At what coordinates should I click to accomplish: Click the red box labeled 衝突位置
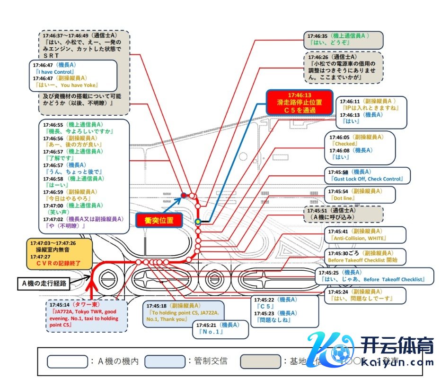[159, 220]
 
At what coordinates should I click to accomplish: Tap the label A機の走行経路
[45, 283]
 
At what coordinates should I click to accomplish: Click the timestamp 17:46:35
[317, 35]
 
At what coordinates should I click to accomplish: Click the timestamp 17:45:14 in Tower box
[58, 305]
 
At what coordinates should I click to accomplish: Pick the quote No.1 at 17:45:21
[208, 332]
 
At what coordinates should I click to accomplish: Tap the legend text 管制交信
[211, 361]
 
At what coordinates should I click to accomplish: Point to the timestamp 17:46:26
[317, 56]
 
